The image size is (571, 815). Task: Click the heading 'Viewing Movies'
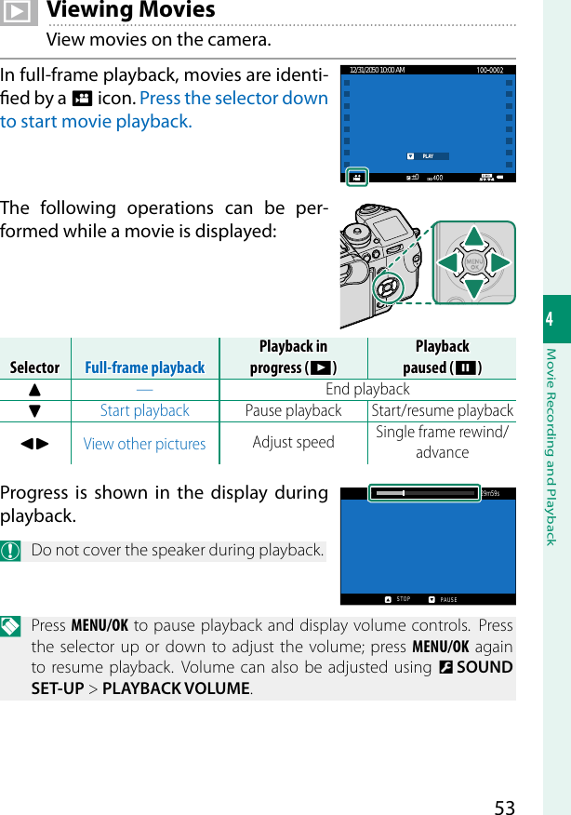tap(130, 11)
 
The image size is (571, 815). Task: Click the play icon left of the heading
tap(19, 11)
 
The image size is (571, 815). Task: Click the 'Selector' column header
tap(34, 367)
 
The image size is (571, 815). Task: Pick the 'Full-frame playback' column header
tap(144, 367)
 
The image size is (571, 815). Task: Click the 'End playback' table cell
tap(367, 389)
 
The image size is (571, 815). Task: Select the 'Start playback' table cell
tap(144, 410)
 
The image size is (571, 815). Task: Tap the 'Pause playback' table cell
tap(293, 410)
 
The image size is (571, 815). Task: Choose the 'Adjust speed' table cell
tap(293, 442)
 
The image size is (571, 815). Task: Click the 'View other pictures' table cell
tap(144, 444)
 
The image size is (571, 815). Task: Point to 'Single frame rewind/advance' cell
tap(442, 442)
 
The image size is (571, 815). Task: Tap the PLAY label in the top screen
tap(428, 156)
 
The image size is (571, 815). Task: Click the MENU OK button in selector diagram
tap(474, 263)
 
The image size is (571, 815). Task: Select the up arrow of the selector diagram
tap(474, 238)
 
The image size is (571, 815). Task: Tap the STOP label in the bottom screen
tap(402, 599)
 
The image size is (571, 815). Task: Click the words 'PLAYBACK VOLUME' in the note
tap(176, 688)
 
